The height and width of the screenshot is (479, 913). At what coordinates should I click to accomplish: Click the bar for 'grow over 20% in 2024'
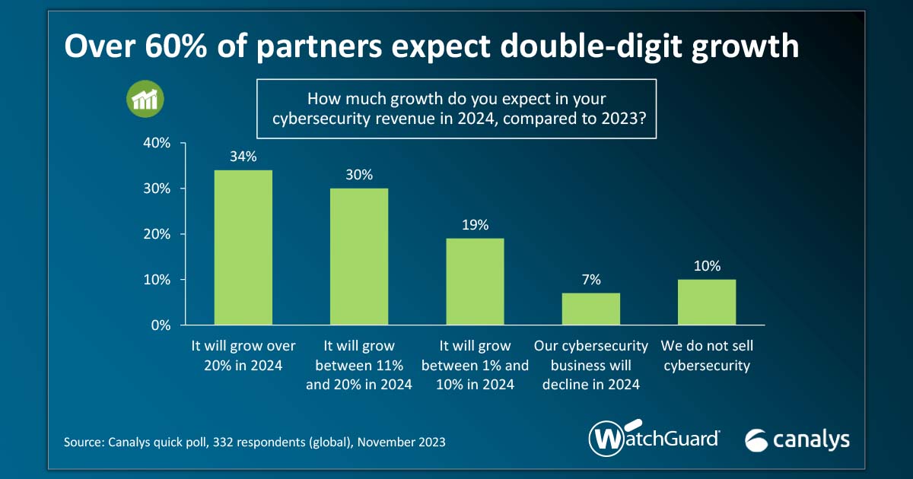[243, 247]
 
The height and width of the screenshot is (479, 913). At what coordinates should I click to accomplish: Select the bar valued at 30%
[359, 256]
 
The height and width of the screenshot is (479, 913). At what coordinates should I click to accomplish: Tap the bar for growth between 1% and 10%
[475, 281]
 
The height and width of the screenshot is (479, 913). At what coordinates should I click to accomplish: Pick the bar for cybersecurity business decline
[591, 309]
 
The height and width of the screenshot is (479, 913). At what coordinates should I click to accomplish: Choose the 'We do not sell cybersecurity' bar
[707, 302]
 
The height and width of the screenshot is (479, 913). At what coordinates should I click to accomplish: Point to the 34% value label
[243, 157]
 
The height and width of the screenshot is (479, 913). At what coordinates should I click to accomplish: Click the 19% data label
[475, 226]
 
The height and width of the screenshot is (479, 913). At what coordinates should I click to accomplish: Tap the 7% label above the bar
[591, 280]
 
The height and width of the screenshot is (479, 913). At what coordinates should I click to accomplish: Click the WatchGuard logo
[654, 439]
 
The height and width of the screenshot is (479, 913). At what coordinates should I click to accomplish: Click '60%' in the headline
[159, 47]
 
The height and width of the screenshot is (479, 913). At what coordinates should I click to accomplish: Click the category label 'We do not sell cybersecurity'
[707, 356]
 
